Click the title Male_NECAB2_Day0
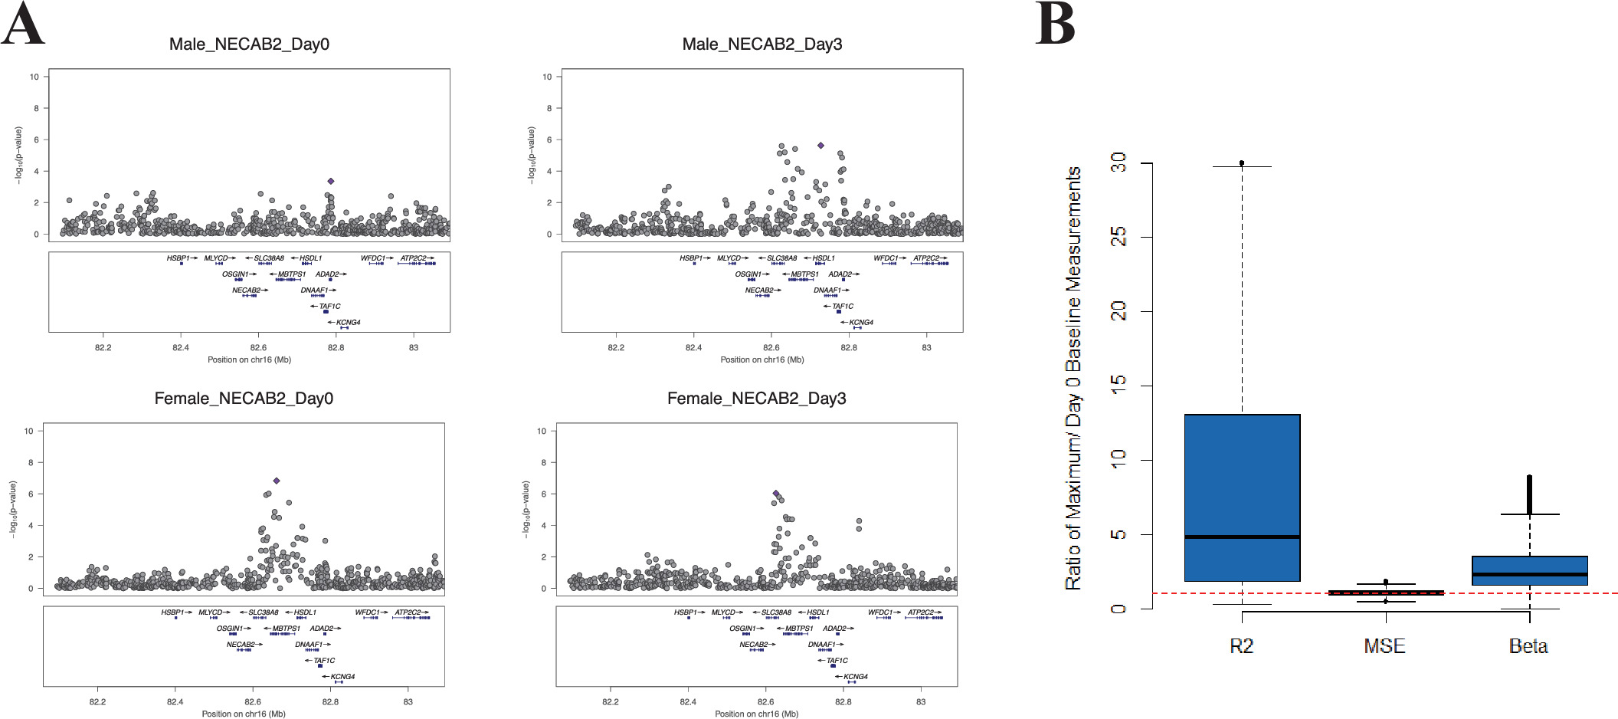coord(249,44)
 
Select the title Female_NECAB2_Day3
coord(756,399)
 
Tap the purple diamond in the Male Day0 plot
coord(331,182)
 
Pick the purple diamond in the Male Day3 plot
coord(820,146)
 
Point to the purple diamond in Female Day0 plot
coord(277,481)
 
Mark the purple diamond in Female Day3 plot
coord(776,494)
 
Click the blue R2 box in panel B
coord(1242,475)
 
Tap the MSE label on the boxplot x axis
coord(1384,646)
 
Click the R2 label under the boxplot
coord(1241,646)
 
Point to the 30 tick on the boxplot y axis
coord(1119,163)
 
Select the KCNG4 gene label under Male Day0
coord(349,323)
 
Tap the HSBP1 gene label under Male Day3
coord(691,258)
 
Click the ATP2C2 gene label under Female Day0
coord(408,612)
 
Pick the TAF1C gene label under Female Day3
coord(837,661)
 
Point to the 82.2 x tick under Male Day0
coord(103,347)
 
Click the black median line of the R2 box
coord(1242,537)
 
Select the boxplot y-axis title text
coord(1074,378)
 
